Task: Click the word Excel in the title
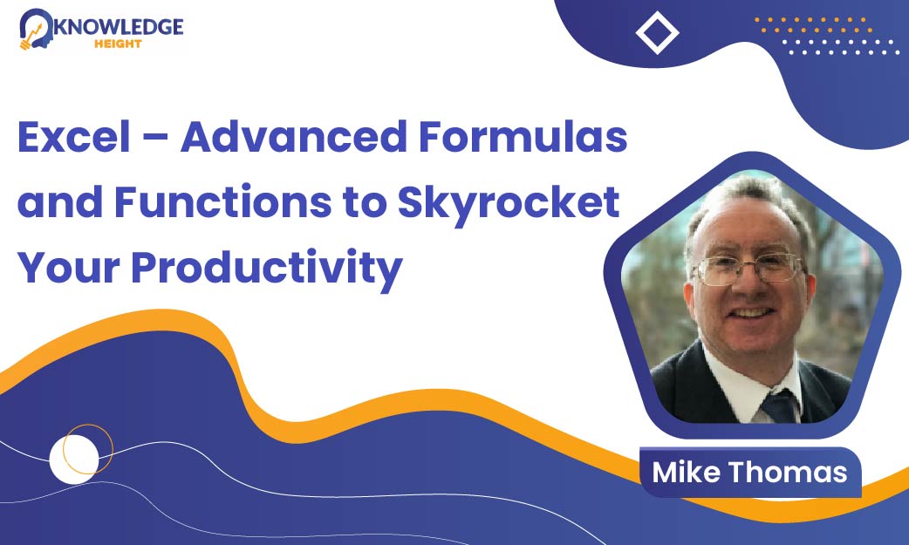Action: click(x=74, y=137)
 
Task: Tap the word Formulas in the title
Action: click(x=523, y=137)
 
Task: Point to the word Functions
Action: click(x=222, y=201)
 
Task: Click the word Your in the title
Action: click(x=68, y=267)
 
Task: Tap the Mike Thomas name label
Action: click(x=750, y=472)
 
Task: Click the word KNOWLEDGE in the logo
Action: click(x=118, y=27)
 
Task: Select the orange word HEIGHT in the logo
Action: click(x=118, y=44)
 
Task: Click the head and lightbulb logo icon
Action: click(x=35, y=29)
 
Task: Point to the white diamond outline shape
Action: click(x=657, y=32)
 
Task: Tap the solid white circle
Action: click(x=73, y=460)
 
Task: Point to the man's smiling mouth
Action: click(x=751, y=314)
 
